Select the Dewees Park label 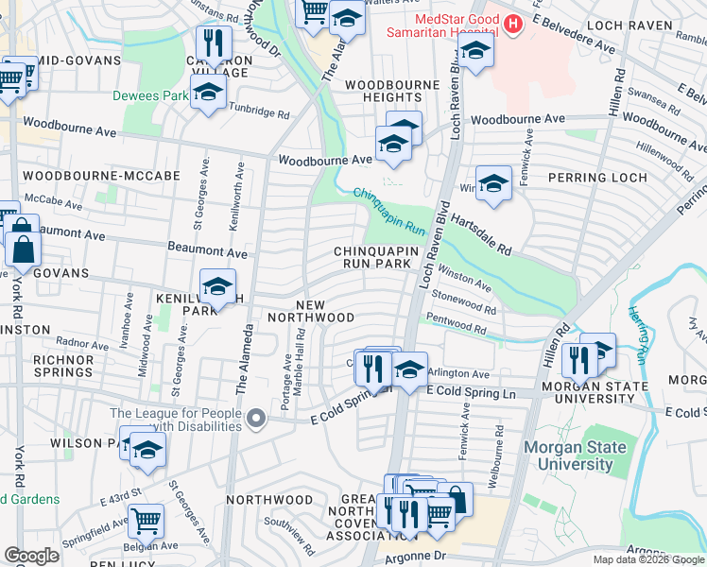[x=149, y=95]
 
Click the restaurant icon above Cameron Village [x=213, y=43]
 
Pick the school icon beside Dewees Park [x=208, y=93]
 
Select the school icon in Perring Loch [x=493, y=184]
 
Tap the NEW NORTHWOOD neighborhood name [x=324, y=311]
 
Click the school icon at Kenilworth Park [x=218, y=286]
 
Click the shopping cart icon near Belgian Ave [x=146, y=519]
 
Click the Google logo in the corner [x=31, y=556]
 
